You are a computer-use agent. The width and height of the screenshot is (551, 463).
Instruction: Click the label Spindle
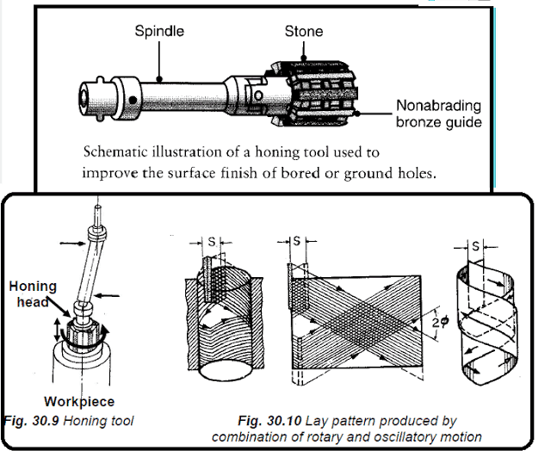point(159,32)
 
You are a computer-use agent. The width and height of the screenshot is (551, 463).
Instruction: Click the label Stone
point(304,32)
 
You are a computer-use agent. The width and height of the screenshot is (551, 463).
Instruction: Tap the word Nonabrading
point(437,106)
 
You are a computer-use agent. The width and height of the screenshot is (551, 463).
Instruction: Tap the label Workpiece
point(79,401)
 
